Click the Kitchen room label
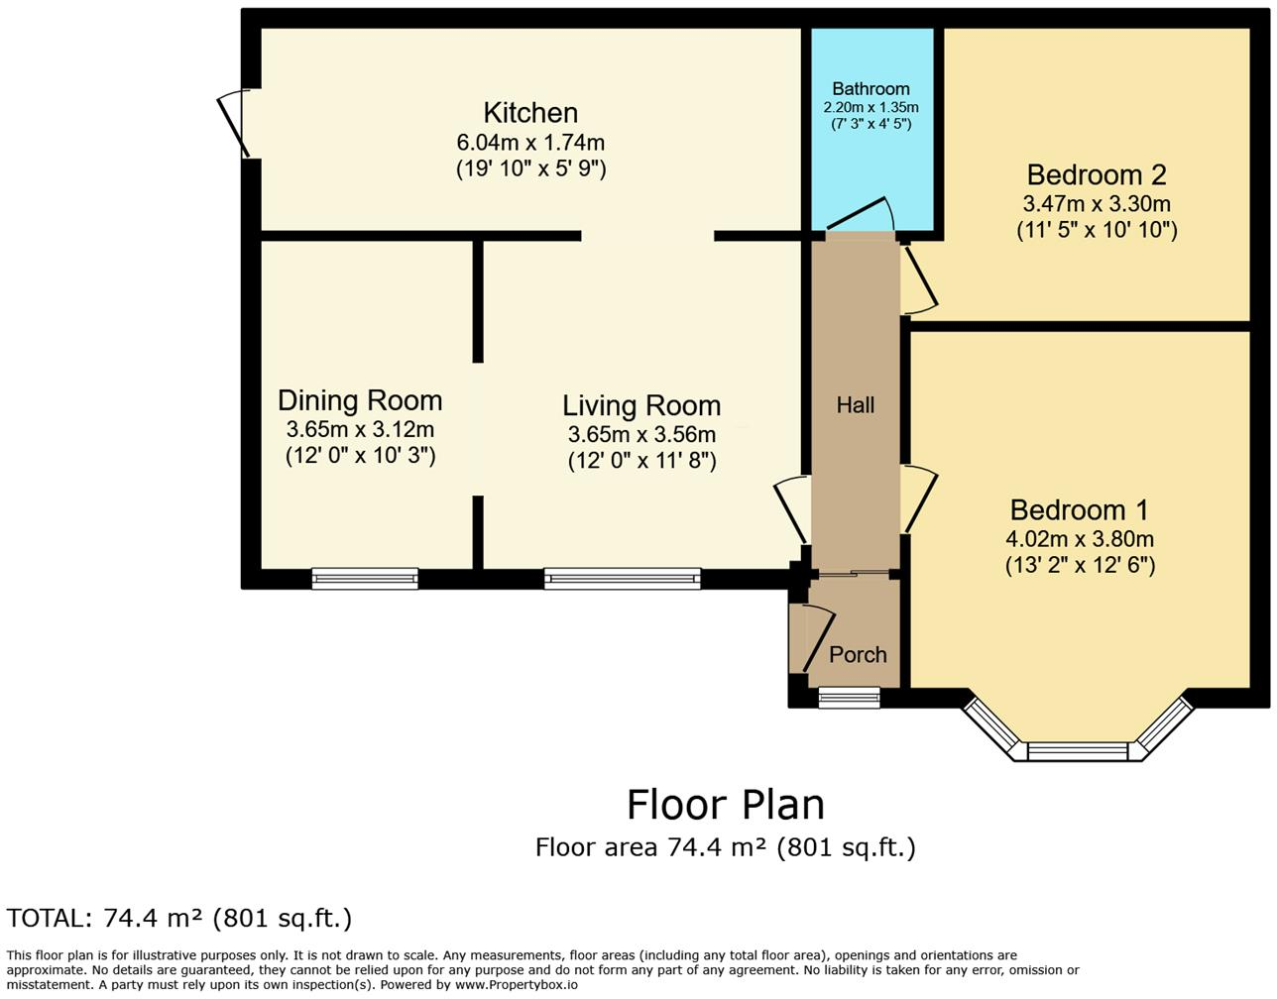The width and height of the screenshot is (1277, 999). pyautogui.click(x=530, y=113)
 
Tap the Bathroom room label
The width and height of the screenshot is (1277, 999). pyautogui.click(x=871, y=89)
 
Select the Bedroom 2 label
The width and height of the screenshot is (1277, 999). pyautogui.click(x=1097, y=175)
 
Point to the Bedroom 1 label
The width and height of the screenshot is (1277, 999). pyautogui.click(x=1079, y=510)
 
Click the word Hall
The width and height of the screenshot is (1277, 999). pyautogui.click(x=856, y=405)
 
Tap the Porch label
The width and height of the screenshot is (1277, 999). pyautogui.click(x=858, y=655)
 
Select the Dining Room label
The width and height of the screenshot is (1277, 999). pyautogui.click(x=360, y=400)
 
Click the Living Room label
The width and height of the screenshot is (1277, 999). pyautogui.click(x=641, y=405)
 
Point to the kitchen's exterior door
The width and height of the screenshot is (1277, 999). pyautogui.click(x=235, y=123)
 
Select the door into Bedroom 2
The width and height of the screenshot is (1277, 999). pyautogui.click(x=919, y=280)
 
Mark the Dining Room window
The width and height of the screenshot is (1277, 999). pyautogui.click(x=365, y=579)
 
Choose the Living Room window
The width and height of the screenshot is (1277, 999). pyautogui.click(x=623, y=579)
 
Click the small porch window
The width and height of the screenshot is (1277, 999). pyautogui.click(x=849, y=698)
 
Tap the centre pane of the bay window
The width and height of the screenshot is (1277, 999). pyautogui.click(x=1078, y=751)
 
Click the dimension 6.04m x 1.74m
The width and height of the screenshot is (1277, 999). pyautogui.click(x=530, y=143)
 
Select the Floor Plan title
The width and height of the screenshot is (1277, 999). pyautogui.click(x=725, y=805)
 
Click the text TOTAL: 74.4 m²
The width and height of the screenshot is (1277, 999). pyautogui.click(x=178, y=919)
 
